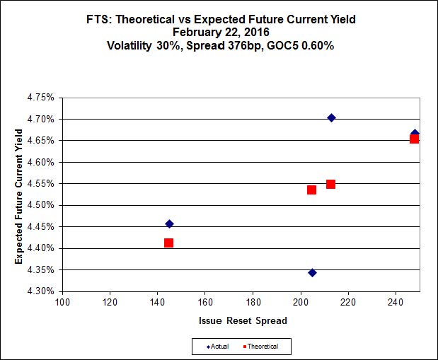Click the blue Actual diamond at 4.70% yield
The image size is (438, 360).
[x=331, y=117]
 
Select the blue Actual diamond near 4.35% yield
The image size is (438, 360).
[x=312, y=272]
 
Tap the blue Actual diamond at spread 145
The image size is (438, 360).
[x=169, y=223]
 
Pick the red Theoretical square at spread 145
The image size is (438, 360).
[x=168, y=243]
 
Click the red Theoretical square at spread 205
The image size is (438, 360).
[x=311, y=190]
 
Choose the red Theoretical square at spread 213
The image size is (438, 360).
[x=330, y=184]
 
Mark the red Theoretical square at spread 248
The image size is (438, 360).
[x=414, y=139]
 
